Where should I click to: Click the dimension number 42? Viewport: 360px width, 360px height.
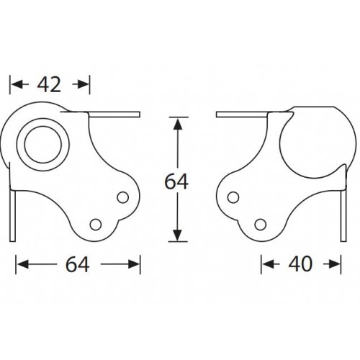point(49,85)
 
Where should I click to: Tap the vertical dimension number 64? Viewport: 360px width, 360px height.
point(176,181)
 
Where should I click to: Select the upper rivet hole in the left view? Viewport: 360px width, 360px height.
point(122,196)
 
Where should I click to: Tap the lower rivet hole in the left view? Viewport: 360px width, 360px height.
point(97,222)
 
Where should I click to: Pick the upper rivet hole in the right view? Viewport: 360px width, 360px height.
point(235,196)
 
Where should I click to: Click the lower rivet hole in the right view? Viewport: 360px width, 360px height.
point(261,222)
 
